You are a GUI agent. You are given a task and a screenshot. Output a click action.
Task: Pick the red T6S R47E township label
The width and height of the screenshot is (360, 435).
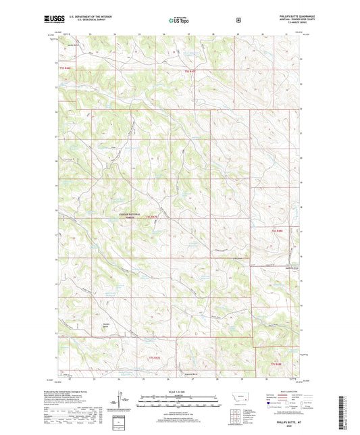[x=156, y=217]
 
